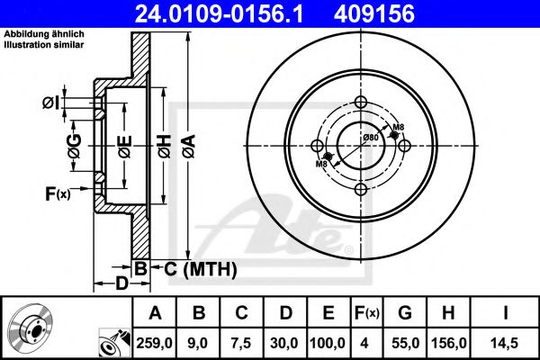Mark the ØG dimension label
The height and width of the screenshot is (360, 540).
[75, 143]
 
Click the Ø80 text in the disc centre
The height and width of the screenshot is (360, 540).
[369, 137]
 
